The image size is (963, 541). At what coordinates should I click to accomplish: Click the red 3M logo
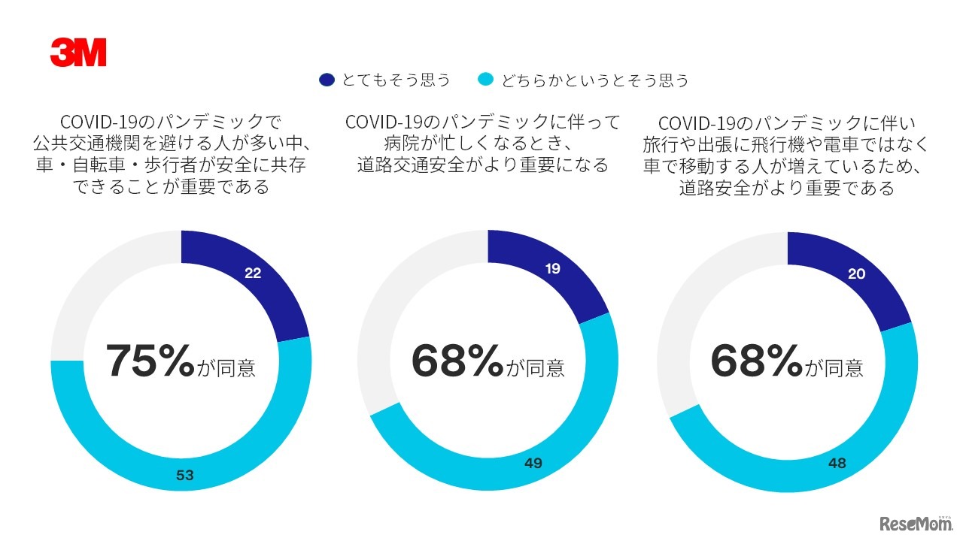coord(78,53)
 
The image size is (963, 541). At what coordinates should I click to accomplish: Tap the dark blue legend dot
coord(327,80)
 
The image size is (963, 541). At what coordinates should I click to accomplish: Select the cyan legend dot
coord(486,80)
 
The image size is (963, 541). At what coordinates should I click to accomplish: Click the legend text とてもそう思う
coord(396,80)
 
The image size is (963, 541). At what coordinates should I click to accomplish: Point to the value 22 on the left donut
coord(253,274)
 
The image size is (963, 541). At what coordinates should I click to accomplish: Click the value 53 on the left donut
coord(185,475)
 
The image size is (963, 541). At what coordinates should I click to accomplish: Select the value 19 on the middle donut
coord(552,268)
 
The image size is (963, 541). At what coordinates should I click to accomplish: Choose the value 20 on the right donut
coord(856,274)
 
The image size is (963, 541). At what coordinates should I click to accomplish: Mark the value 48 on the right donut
coord(837,464)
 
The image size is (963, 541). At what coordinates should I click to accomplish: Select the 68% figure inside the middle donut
coord(457,361)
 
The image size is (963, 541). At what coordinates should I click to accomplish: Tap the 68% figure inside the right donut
coord(756,361)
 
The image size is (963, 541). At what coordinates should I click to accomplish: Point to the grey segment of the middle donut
coord(399,316)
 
